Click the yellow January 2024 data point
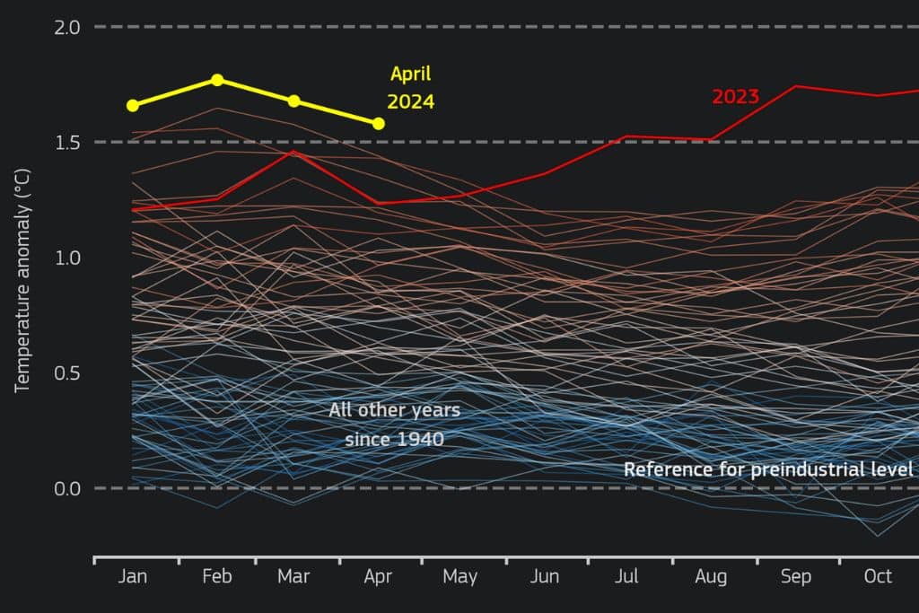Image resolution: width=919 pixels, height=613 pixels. pos(133,105)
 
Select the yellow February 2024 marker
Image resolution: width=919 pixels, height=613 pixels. pos(217,80)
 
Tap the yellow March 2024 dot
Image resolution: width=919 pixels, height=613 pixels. pos(294,101)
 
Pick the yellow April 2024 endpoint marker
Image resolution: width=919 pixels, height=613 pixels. pos(379,123)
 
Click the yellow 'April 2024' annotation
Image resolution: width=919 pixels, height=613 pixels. pos(410,88)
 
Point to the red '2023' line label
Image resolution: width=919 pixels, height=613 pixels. pos(735,97)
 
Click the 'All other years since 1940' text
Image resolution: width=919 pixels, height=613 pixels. pos(394,425)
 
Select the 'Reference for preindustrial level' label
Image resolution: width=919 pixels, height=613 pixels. pos(767,469)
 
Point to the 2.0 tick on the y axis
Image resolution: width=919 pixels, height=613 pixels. pos(67,27)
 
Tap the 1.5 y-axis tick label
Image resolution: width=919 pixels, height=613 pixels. pos(67,143)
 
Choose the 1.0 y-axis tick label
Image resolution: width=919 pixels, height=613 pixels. pos(67,258)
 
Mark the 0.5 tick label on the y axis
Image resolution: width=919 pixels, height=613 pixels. pos(67,373)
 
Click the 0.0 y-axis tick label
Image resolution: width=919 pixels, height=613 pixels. pos(67,488)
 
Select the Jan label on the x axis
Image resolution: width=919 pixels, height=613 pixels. pos(133,576)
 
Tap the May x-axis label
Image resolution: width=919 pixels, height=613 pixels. pos(459,576)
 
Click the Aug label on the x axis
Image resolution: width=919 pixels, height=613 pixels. pos(711,576)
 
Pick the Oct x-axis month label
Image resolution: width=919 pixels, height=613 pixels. pos(878,576)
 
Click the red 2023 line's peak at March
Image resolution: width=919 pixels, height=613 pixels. pos(292,152)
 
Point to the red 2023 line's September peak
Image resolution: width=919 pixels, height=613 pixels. pos(795,86)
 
